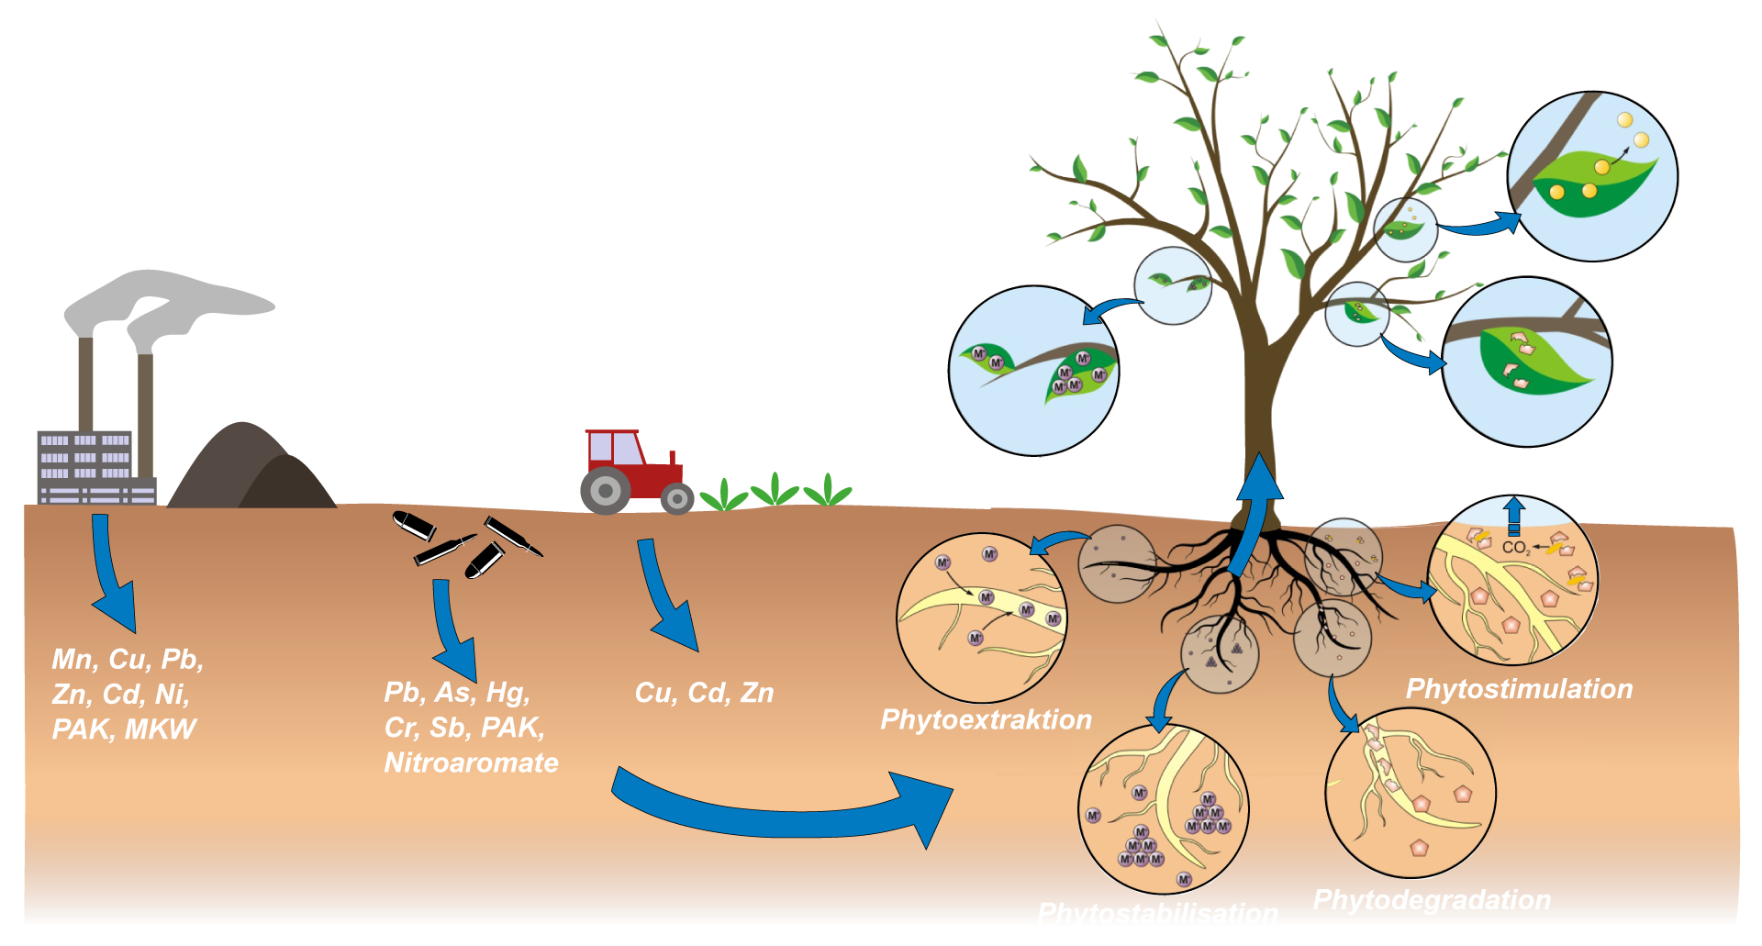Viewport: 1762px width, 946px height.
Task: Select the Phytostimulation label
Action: click(x=1519, y=689)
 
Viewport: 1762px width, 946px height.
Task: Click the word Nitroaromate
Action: click(x=471, y=762)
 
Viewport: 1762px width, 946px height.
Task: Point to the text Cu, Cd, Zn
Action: click(x=704, y=693)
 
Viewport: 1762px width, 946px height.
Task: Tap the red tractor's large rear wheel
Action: click(x=606, y=490)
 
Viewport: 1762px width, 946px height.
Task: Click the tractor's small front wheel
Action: click(x=677, y=498)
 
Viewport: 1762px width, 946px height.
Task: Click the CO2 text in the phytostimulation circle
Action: click(x=1515, y=548)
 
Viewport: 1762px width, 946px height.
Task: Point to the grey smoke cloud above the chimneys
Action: click(x=165, y=298)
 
